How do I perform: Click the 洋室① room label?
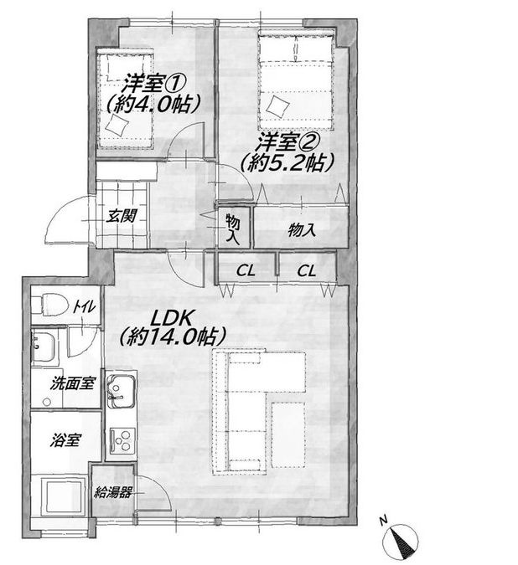click(x=153, y=85)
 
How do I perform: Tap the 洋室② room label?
click(x=287, y=142)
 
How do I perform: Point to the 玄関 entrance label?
click(x=122, y=216)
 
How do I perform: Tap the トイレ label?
click(x=84, y=306)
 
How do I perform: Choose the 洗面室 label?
click(x=73, y=383)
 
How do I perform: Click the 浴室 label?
click(x=65, y=440)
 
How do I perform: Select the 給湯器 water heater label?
click(x=112, y=492)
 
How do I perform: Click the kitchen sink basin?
click(x=122, y=391)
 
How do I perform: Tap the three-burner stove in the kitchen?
click(x=122, y=439)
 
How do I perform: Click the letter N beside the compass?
click(x=383, y=520)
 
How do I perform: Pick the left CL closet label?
click(x=246, y=270)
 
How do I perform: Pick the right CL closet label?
click(x=306, y=270)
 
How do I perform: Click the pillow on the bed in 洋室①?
click(x=117, y=125)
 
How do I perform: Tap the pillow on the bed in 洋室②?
click(x=278, y=106)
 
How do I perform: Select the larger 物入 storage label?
click(x=302, y=229)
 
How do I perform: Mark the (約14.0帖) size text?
click(x=173, y=337)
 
